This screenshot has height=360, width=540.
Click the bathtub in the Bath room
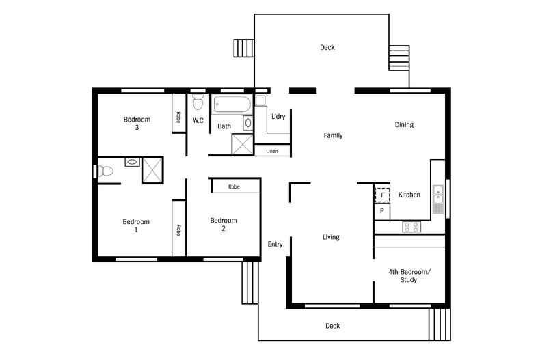click(232, 106)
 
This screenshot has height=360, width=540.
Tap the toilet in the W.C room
click(198, 103)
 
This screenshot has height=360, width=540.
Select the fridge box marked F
click(382, 195)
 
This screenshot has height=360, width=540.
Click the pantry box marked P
click(381, 212)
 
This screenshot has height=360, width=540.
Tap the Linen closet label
click(272, 150)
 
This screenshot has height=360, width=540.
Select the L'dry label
click(278, 117)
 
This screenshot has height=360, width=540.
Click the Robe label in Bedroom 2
click(234, 186)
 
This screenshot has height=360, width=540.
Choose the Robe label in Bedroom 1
click(178, 230)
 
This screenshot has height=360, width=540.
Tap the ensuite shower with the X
click(152, 169)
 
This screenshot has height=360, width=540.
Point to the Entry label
click(275, 244)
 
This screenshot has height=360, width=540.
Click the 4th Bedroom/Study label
click(410, 276)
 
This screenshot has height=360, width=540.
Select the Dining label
click(404, 125)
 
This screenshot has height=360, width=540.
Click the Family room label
click(333, 135)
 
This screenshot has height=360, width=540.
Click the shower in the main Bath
click(242, 143)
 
